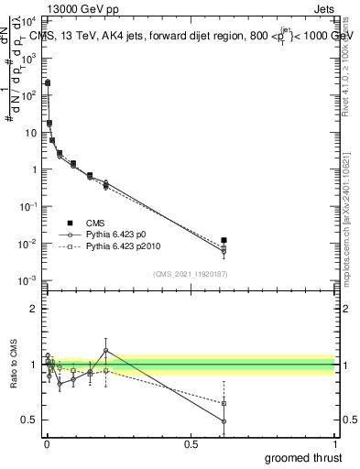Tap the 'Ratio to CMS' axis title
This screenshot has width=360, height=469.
12,365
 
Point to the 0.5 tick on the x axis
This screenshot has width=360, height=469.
191,442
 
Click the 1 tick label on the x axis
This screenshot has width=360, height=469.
334,442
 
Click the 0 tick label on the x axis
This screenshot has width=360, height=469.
47,442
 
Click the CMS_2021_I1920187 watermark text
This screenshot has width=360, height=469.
191,274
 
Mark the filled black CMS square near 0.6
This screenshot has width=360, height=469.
224,240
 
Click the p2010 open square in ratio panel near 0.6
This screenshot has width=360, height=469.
224,403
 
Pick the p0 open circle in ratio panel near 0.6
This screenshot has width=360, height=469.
224,421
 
